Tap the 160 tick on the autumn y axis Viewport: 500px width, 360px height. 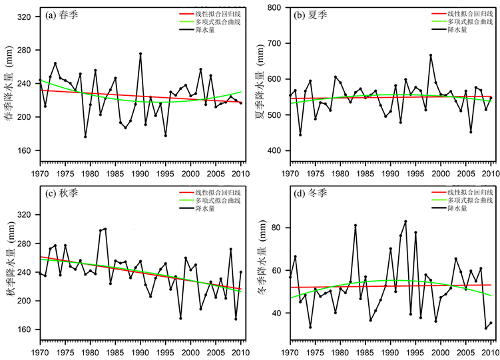[24, 329]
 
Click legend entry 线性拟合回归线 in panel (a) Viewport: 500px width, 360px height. [220, 13]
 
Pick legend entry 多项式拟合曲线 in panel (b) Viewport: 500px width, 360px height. [470, 22]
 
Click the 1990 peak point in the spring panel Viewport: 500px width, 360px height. [140, 54]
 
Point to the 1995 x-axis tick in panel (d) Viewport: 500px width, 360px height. [415, 349]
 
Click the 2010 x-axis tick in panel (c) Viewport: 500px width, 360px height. [240, 349]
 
